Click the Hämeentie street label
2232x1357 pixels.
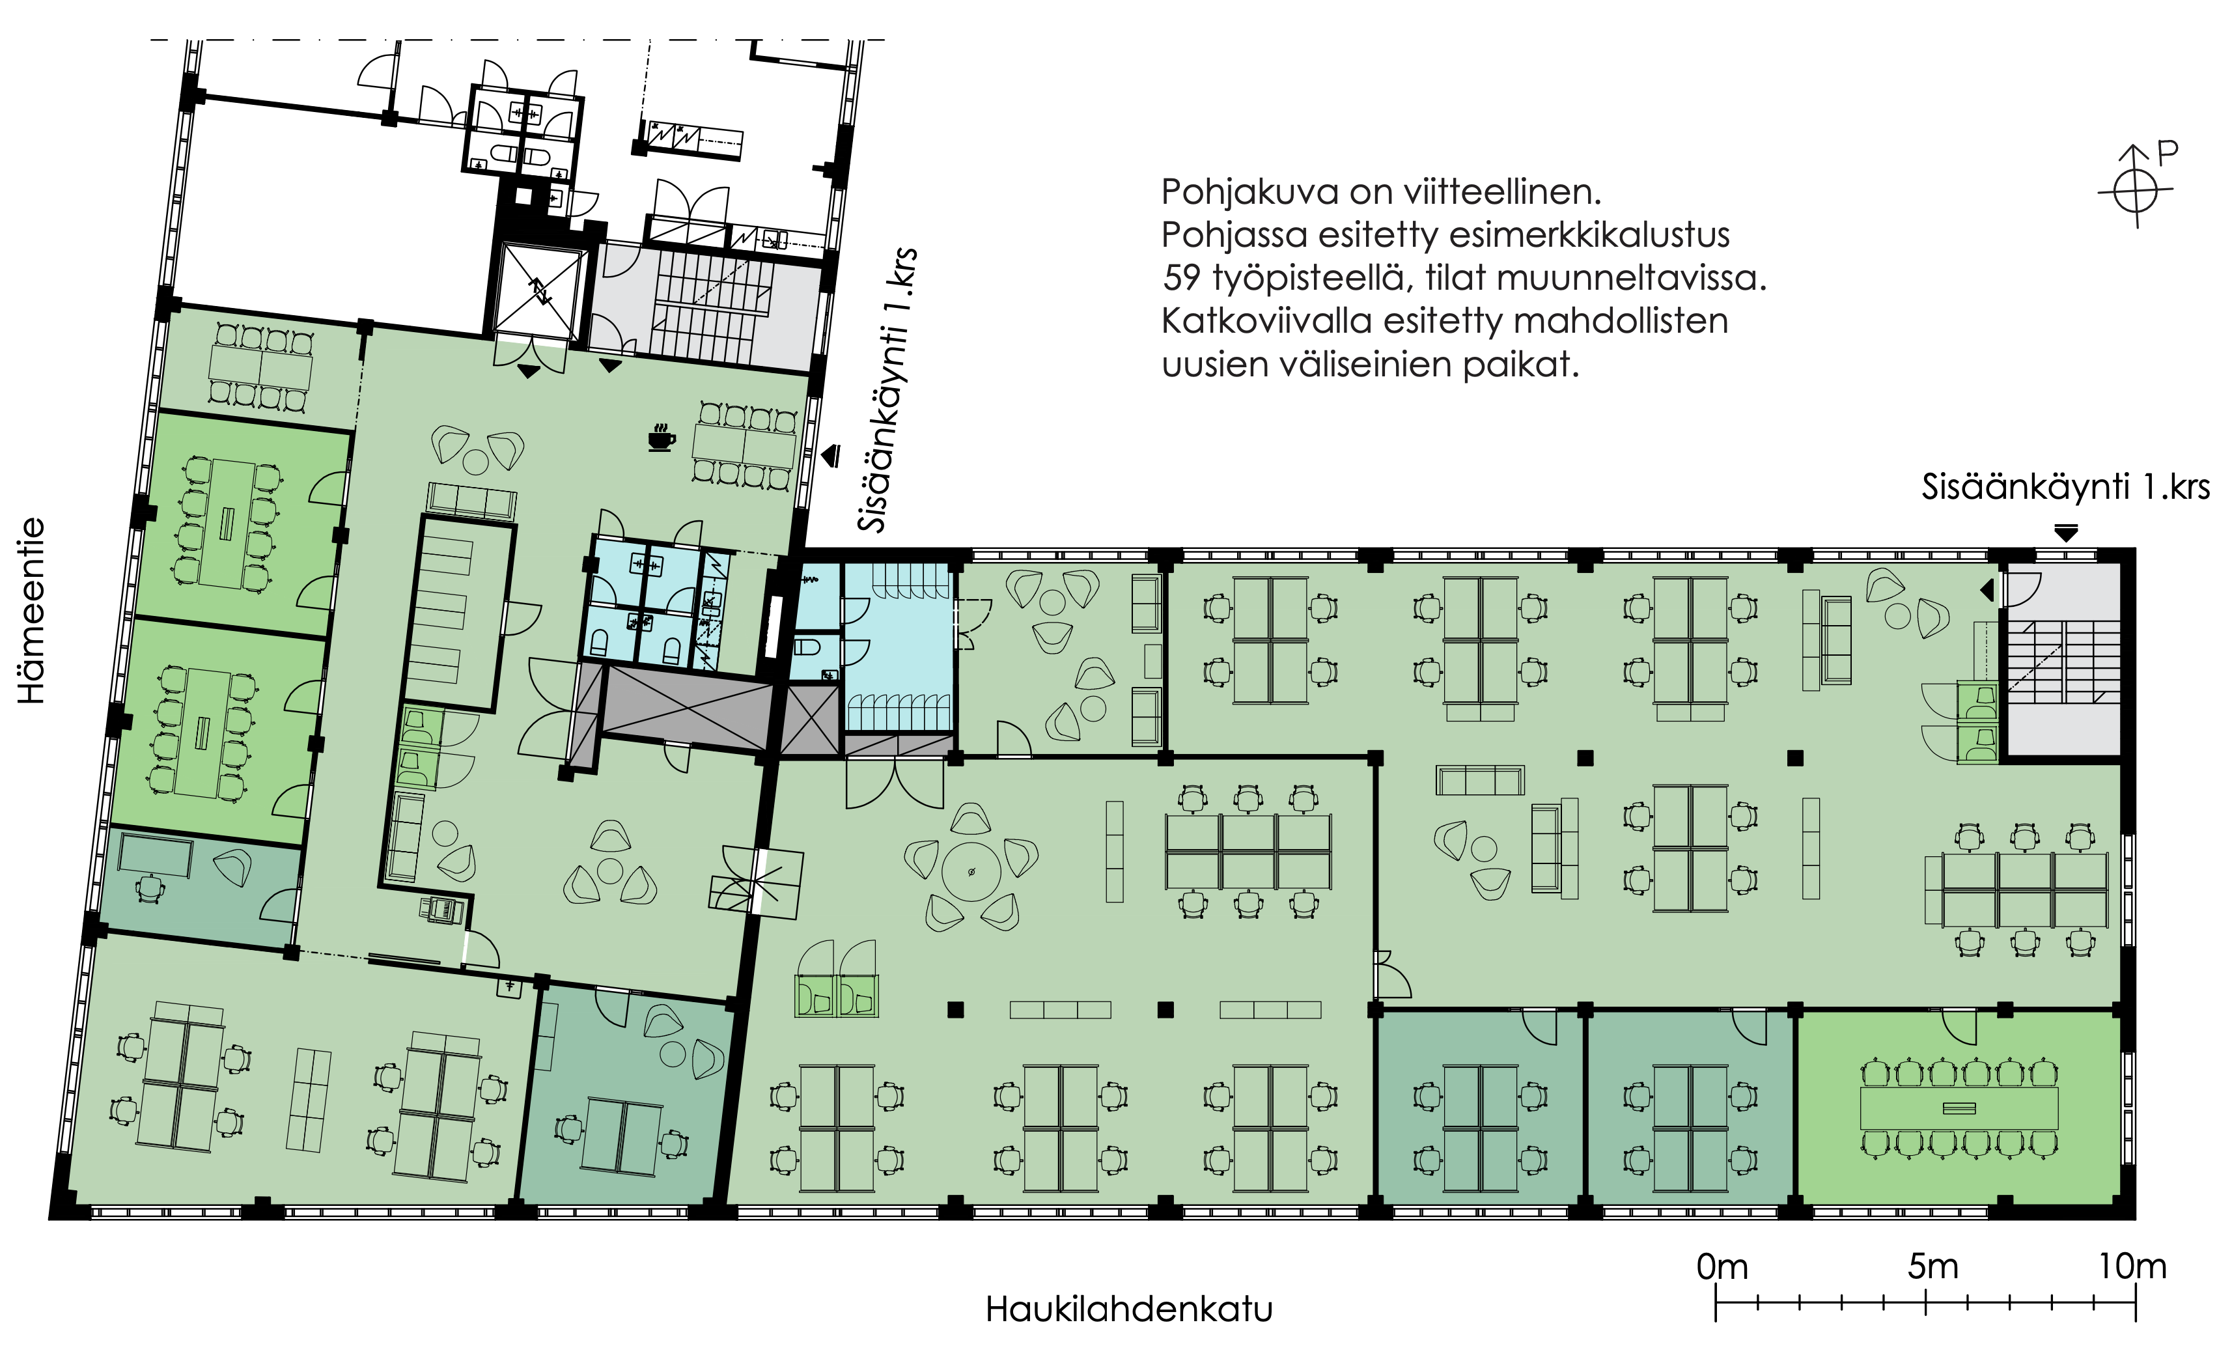[32, 611]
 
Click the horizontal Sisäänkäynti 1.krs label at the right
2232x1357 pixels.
[2065, 488]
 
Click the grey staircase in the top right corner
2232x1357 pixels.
[2063, 662]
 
